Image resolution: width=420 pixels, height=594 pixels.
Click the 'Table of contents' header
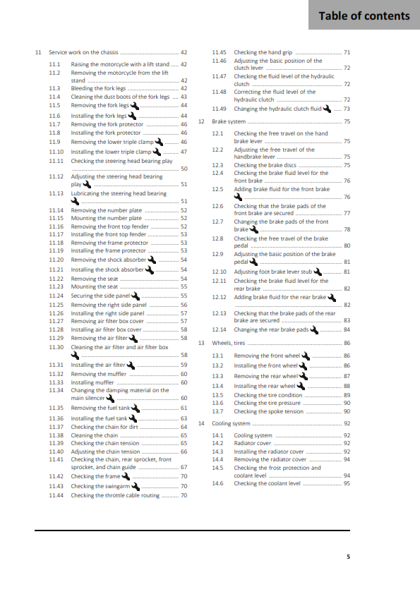(x=364, y=16)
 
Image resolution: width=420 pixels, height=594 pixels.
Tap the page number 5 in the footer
(x=347, y=557)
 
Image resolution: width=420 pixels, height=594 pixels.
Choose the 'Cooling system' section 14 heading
(x=232, y=423)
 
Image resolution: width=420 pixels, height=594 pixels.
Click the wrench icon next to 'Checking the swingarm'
(x=134, y=486)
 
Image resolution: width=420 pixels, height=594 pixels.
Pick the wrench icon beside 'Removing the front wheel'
(x=304, y=356)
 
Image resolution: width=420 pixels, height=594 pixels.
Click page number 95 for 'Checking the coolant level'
(x=347, y=483)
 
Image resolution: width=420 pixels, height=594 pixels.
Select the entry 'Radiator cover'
(x=252, y=443)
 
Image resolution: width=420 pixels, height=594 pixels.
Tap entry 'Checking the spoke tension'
(x=268, y=411)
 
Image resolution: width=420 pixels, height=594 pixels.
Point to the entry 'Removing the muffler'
(x=98, y=373)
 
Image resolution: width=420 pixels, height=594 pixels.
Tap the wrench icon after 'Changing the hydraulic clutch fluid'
(x=326, y=109)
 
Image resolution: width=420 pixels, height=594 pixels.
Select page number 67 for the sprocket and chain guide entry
(x=184, y=467)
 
